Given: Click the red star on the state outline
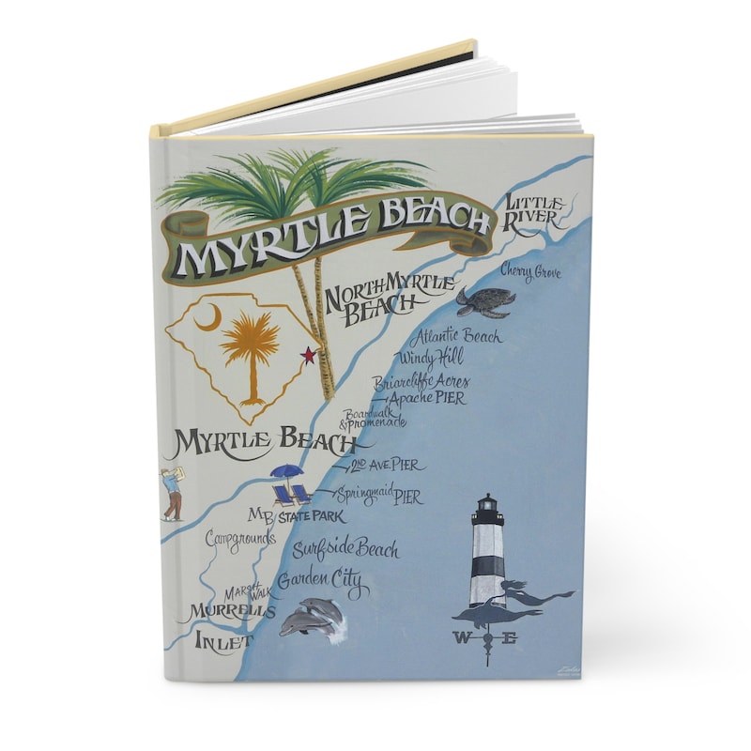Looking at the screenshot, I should pyautogui.click(x=306, y=354).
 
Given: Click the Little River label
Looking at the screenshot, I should pyautogui.click(x=536, y=212).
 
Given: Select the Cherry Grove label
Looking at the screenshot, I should pyautogui.click(x=531, y=272).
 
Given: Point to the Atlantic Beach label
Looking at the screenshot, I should pyautogui.click(x=457, y=336).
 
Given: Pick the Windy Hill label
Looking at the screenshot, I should pyautogui.click(x=431, y=357).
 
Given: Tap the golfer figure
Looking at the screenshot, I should pyautogui.click(x=171, y=493).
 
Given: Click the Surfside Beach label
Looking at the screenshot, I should pyautogui.click(x=345, y=549).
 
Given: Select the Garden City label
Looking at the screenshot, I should pyautogui.click(x=319, y=583).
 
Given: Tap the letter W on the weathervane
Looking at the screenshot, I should pyautogui.click(x=462, y=639).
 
